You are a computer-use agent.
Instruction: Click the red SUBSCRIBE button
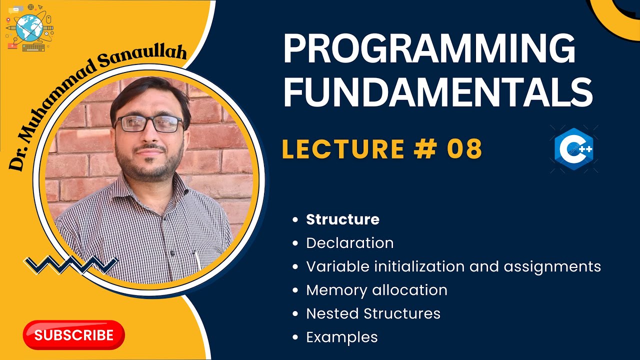tap(73, 335)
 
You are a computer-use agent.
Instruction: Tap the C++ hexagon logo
tap(573, 149)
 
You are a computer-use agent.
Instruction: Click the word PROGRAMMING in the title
tap(429, 48)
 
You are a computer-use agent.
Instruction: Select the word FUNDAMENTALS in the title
tap(438, 91)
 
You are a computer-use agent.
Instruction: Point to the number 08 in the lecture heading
tap(464, 148)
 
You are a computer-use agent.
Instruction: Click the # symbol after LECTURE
tap(425, 148)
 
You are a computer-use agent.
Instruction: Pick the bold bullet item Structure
tap(343, 219)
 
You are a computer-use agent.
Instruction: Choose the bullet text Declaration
tap(350, 243)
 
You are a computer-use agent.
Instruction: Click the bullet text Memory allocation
tap(377, 290)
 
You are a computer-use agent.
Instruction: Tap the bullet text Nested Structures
tap(373, 313)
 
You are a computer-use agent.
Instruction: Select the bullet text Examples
tap(342, 337)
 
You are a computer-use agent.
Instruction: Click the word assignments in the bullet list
tap(552, 267)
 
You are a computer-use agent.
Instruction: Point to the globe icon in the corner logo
tap(29, 27)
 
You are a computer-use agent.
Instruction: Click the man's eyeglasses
tap(149, 123)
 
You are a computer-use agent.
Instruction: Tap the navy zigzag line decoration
tap(71, 265)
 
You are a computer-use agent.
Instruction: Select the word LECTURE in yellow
tap(343, 148)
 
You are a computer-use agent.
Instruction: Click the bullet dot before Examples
tap(295, 337)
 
